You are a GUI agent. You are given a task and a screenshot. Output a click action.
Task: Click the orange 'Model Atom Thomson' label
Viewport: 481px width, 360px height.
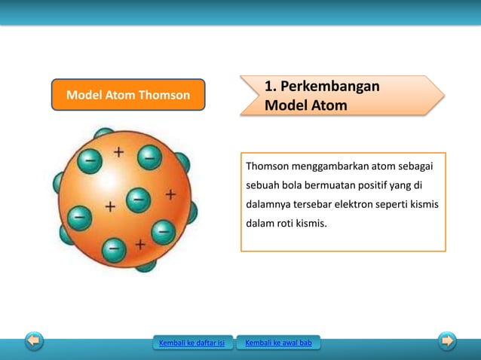tap(127, 96)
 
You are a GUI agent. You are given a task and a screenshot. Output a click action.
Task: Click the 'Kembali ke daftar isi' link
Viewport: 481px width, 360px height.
tap(191, 344)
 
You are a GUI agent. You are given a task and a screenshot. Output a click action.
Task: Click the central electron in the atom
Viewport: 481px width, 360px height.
tap(137, 199)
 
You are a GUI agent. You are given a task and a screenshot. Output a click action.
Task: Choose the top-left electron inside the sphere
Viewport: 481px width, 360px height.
tap(90, 160)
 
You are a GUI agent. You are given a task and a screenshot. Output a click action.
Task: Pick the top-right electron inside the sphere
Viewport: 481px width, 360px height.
tap(149, 159)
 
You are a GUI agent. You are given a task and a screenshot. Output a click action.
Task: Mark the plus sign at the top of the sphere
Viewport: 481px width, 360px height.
tap(119, 151)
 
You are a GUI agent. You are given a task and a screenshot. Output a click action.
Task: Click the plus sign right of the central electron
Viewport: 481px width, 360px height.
tap(171, 194)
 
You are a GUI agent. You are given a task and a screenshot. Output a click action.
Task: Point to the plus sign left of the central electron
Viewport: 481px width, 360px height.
tap(111, 205)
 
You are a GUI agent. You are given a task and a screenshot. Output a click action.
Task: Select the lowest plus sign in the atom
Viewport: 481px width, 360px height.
tap(139, 244)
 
